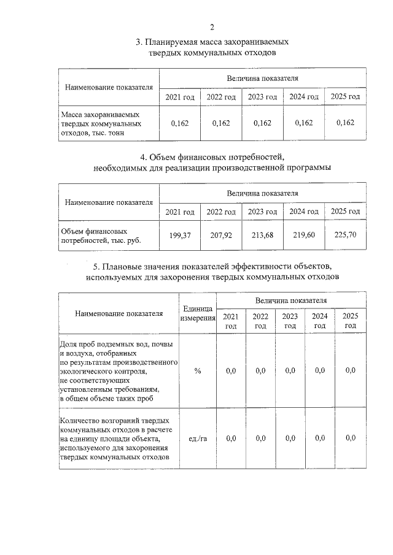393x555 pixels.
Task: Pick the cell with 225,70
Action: coord(343,234)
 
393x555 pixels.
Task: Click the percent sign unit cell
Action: coord(197,370)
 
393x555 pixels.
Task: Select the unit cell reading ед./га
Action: coord(197,438)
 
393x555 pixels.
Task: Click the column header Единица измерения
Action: coord(197,313)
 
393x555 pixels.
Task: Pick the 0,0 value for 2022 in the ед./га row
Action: coord(260,438)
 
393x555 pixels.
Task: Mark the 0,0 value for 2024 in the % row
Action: coord(319,370)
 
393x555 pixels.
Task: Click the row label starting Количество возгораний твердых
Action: coord(117,438)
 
